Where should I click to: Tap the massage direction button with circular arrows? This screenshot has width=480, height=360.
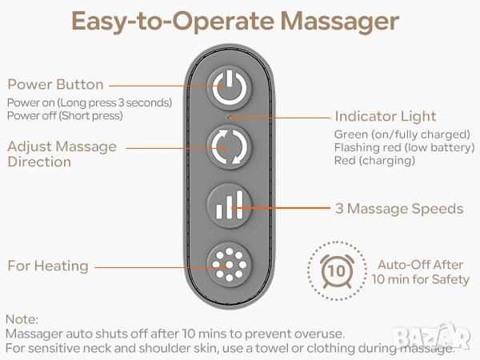coord(229,147)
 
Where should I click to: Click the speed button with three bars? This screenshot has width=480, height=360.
coord(229,206)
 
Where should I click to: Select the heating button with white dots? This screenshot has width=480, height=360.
coord(229,265)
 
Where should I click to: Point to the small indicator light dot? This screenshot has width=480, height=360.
coord(230,117)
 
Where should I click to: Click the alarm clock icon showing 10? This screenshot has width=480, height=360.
coord(337,271)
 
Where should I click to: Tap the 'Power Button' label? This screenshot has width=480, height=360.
coord(55,85)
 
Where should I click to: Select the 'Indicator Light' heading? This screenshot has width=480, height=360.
coord(386,116)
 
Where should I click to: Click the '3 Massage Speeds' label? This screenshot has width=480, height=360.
coord(399,209)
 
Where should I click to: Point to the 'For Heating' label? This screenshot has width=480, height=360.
coord(48,266)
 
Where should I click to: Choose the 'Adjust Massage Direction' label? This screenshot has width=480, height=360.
coord(62,154)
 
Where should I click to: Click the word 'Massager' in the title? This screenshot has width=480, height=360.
coord(340,21)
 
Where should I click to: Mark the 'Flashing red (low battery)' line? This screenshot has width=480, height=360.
coord(404,147)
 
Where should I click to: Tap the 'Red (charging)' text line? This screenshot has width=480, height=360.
coord(374,161)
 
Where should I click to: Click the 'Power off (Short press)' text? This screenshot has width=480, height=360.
coord(65,116)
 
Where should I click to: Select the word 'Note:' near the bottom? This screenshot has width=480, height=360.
coord(22,319)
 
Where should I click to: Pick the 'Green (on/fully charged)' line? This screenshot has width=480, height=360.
coord(402,134)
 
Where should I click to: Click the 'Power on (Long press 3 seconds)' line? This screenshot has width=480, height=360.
coord(90,102)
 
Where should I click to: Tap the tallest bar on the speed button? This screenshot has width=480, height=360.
coord(239,204)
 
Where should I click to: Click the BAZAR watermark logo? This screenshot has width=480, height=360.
coord(431,337)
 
